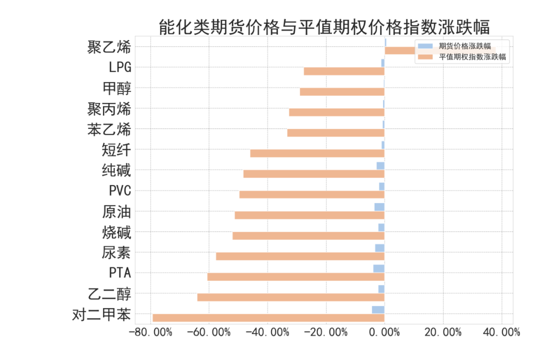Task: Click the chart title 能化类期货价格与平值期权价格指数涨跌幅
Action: pyautogui.click(x=324, y=26)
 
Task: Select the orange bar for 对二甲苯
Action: pyautogui.click(x=268, y=317)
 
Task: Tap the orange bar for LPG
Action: pyautogui.click(x=344, y=71)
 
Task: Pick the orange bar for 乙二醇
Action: pyautogui.click(x=290, y=297)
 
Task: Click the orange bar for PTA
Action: pyautogui.click(x=295, y=276)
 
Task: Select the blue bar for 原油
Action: pyautogui.click(x=379, y=207)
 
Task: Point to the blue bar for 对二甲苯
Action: pyautogui.click(x=378, y=310)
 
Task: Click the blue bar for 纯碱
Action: pyautogui.click(x=380, y=166)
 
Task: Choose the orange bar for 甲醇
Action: pyautogui.click(x=342, y=92)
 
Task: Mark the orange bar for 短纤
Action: pyautogui.click(x=317, y=153)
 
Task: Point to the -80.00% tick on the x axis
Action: pyautogui.click(x=151, y=332)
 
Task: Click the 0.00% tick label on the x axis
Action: pyautogui.click(x=384, y=332)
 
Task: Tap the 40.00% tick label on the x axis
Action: pyautogui.click(x=500, y=332)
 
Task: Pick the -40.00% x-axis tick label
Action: pyautogui.click(x=268, y=332)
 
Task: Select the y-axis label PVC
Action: pyautogui.click(x=120, y=191)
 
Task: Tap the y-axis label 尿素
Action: pyautogui.click(x=116, y=253)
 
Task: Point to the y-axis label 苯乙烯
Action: pyautogui.click(x=109, y=130)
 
